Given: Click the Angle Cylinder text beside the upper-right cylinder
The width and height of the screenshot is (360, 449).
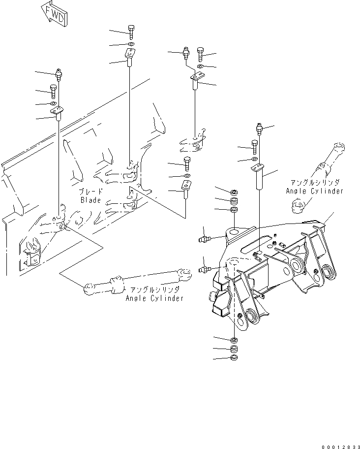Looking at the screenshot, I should tap(314, 191).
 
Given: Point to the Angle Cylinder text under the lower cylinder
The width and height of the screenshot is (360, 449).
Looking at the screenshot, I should tap(154, 298).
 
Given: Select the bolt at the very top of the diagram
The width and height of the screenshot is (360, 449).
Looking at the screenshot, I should tap(130, 32).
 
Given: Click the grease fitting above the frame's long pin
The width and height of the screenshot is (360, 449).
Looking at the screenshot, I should tap(260, 130).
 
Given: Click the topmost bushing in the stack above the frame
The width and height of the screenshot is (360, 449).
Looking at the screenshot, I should tap(235, 191).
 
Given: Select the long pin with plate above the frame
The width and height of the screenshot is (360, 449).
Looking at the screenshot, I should tap(259, 177).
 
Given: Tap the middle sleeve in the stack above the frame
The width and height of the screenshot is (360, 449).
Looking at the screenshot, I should tap(235, 201).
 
